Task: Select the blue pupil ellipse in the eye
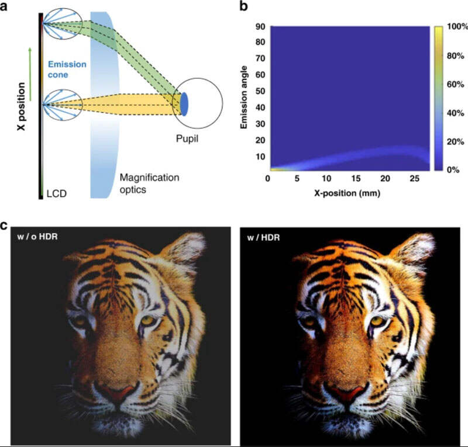click(184, 104)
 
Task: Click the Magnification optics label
click(149, 182)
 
